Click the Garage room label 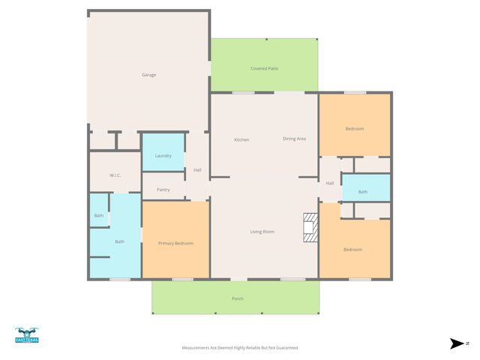pyautogui.click(x=148, y=75)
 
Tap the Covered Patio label pyautogui.click(x=264, y=69)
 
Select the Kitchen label pyautogui.click(x=241, y=139)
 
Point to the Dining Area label pyautogui.click(x=294, y=139)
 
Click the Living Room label pyautogui.click(x=262, y=232)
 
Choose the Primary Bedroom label pyautogui.click(x=175, y=244)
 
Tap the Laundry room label pyautogui.click(x=163, y=156)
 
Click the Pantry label pyautogui.click(x=163, y=190)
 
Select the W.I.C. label pyautogui.click(x=115, y=175)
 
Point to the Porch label pyautogui.click(x=237, y=299)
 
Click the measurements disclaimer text pyautogui.click(x=240, y=348)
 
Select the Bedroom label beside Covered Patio pyautogui.click(x=354, y=129)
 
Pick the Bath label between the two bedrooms pyautogui.click(x=363, y=192)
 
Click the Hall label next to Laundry pyautogui.click(x=197, y=170)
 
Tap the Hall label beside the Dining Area pyautogui.click(x=330, y=183)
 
